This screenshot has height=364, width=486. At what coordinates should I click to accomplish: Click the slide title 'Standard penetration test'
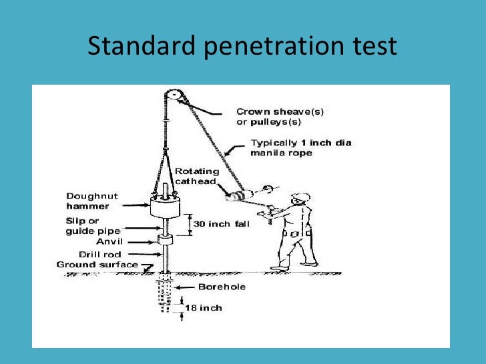pos(242,46)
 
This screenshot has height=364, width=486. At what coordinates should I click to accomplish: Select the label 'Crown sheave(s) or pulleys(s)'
pos(280,117)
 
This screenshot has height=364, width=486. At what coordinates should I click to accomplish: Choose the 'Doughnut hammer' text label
pos(91,201)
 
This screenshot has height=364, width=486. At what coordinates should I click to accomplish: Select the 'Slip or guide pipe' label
pos(91,226)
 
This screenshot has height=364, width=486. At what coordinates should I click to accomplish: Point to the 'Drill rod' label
pos(101,254)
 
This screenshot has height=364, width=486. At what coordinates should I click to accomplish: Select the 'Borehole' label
pos(222,287)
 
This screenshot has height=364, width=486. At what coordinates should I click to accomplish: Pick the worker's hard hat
pos(301,197)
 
